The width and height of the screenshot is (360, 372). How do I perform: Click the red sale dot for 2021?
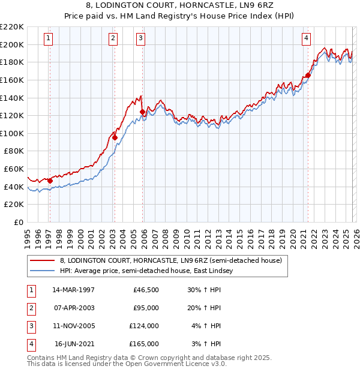point(308,75)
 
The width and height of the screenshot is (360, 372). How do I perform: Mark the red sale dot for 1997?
point(50,181)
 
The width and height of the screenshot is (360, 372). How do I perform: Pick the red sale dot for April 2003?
point(115,137)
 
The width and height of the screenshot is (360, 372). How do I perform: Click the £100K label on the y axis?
point(13,133)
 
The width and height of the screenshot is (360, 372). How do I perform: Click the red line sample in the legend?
point(42,260)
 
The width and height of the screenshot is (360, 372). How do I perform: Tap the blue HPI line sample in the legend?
point(42,271)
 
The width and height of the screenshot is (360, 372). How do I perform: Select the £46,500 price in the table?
point(146,290)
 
